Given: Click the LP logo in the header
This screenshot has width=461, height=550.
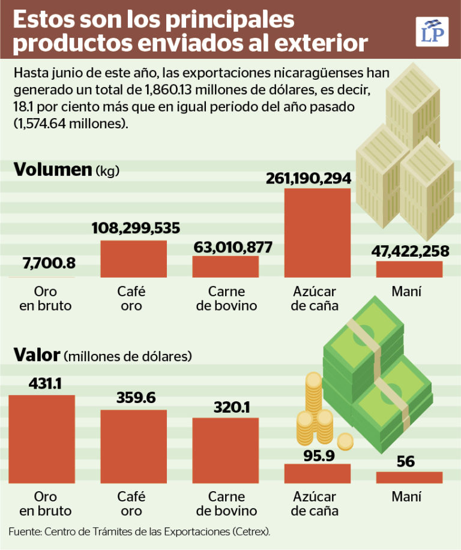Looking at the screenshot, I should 432,31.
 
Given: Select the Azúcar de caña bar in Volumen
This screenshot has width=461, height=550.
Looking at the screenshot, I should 317,233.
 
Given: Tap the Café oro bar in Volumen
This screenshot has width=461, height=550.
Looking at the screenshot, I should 133,259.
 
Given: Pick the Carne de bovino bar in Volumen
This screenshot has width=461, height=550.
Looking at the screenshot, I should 225,266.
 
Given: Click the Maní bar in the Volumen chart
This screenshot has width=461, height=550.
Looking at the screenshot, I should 409,269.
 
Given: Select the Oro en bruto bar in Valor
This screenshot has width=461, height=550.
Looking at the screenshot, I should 41,439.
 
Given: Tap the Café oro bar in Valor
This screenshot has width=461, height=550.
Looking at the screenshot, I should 133,446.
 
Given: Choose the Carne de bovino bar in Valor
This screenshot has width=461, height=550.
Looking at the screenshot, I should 225,450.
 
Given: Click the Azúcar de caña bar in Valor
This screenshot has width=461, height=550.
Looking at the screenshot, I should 317,473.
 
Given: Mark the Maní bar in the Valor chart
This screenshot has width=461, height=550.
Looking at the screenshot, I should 409,477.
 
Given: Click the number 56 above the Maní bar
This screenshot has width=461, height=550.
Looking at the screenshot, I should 406,462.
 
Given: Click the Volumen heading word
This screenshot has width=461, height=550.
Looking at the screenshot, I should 52,170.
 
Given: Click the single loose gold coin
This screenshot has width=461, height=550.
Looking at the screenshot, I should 345,442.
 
